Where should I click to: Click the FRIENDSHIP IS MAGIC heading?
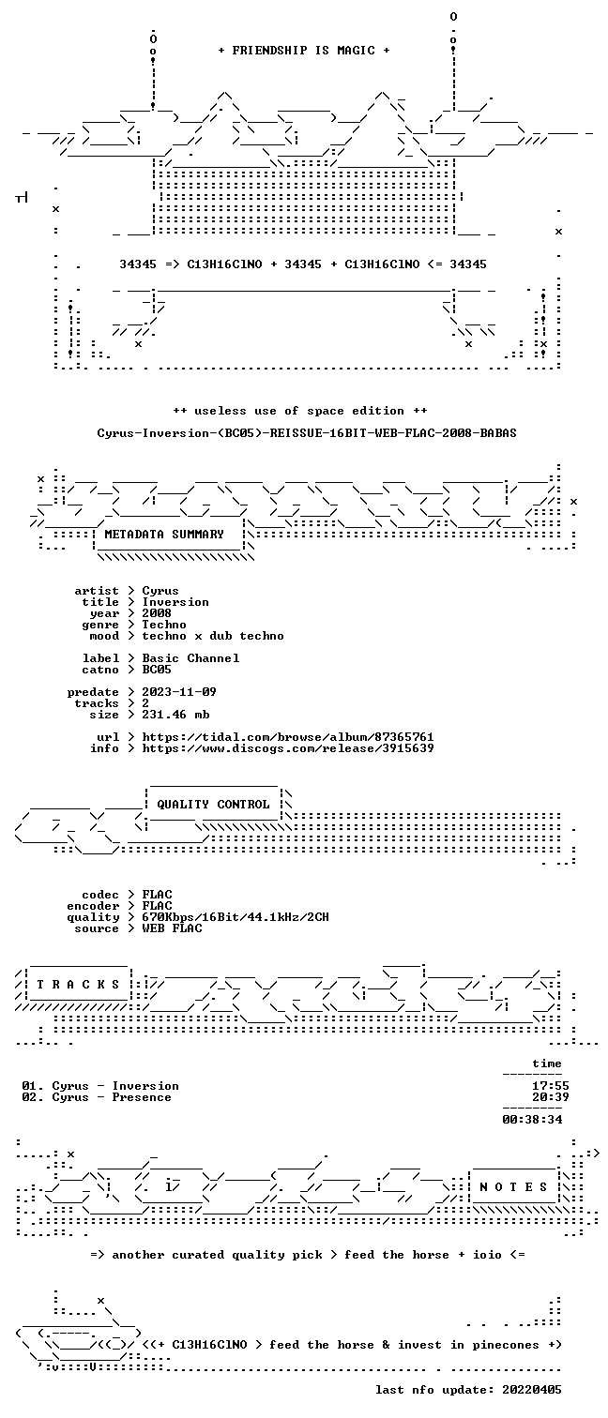pos(303,51)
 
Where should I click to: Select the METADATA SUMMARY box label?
pos(164,535)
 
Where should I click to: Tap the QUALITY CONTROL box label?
pos(213,805)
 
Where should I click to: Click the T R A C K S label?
pos(78,985)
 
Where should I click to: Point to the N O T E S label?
pos(513,1187)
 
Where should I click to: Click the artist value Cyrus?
pos(160,591)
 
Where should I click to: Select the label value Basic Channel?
pos(190,658)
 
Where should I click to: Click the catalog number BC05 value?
pos(157,670)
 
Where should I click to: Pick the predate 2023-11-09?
pos(179,692)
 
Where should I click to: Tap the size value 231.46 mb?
pos(175,715)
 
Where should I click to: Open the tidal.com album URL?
pos(287,737)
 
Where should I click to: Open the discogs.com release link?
pos(287,748)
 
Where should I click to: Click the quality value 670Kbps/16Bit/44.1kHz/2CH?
pos(236,917)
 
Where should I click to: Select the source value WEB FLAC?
pos(172,928)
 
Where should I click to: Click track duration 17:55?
pos(551,1086)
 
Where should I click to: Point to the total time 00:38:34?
pos(532,1120)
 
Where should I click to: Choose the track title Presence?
pos(142,1097)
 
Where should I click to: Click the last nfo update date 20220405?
pos(532,1390)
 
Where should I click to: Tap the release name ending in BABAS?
pos(307,433)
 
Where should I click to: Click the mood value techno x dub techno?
pos(213,636)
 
